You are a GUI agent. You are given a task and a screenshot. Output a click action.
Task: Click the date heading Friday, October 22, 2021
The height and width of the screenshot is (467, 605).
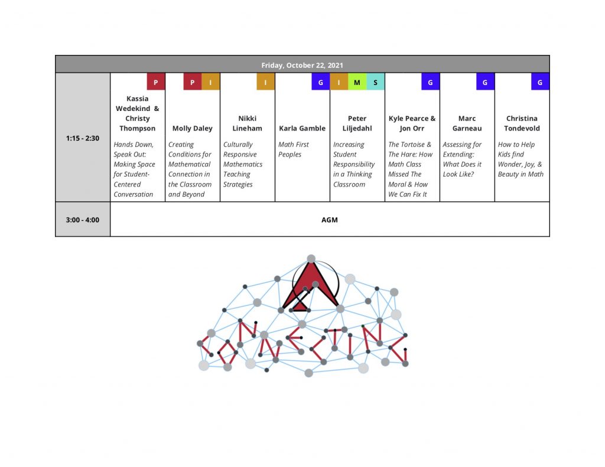(x=302, y=65)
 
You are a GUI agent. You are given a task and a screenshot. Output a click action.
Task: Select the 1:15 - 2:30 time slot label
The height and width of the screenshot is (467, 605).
(x=83, y=138)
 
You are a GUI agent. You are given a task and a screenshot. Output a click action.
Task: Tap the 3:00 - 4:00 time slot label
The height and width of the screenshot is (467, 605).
(x=83, y=220)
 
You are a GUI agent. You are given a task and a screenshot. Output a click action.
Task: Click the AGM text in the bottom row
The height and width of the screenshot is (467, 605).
(x=330, y=220)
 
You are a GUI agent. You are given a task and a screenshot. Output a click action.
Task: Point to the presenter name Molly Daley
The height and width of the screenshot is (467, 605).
(x=192, y=129)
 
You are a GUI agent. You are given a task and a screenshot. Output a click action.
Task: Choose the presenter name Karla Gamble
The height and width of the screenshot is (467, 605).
(x=302, y=129)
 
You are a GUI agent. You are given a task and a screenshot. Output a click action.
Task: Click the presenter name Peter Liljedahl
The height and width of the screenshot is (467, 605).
(x=357, y=123)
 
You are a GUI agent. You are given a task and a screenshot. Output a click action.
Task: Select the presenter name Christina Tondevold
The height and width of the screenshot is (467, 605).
(x=522, y=123)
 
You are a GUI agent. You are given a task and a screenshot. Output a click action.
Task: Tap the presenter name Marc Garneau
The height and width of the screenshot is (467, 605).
(x=467, y=123)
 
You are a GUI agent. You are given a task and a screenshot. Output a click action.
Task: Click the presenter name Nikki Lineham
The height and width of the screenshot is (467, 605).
(x=247, y=123)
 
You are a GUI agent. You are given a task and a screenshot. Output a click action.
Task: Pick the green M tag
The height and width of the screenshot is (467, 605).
(x=357, y=81)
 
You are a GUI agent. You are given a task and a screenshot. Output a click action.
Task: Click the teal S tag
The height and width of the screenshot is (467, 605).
(x=375, y=81)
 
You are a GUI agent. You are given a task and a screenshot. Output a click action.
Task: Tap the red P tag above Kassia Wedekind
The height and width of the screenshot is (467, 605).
(x=156, y=81)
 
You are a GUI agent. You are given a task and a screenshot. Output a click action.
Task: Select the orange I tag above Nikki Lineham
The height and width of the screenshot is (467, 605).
(x=265, y=81)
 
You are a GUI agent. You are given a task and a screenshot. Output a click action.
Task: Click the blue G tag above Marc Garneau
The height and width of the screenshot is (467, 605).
(x=485, y=81)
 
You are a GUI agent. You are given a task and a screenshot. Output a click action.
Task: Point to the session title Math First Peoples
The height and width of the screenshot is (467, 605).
(x=294, y=149)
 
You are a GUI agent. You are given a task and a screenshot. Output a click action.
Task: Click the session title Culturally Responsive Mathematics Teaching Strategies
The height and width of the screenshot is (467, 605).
(x=243, y=164)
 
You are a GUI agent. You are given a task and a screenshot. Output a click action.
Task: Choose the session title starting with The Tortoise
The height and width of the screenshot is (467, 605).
(x=410, y=169)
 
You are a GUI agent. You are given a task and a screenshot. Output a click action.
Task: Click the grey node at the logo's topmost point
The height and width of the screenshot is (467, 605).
(x=311, y=259)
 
